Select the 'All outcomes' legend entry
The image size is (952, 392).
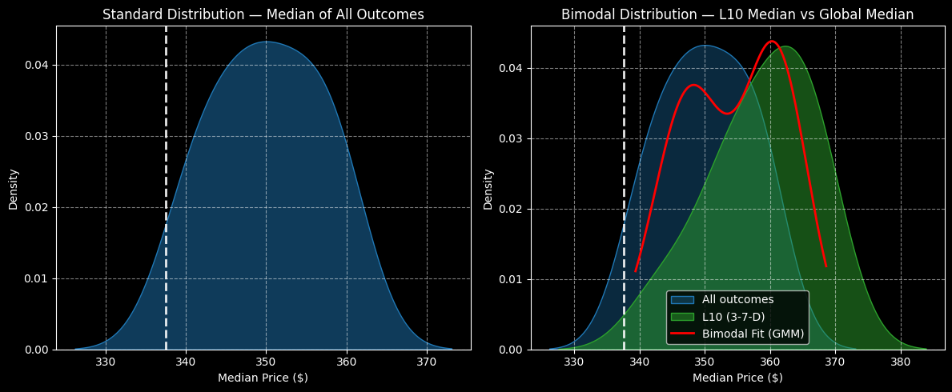(x=737, y=300)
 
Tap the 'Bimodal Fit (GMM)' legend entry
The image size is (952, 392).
(x=753, y=334)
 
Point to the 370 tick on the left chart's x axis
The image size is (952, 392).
(x=427, y=362)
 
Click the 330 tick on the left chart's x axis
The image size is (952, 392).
(x=106, y=362)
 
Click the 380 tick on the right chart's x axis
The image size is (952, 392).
(x=901, y=362)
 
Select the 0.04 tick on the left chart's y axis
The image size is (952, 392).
(x=37, y=65)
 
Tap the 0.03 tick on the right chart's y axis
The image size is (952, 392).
(x=512, y=138)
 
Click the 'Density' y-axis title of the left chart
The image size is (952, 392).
(x=14, y=189)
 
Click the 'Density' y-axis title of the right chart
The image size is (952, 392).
(x=488, y=189)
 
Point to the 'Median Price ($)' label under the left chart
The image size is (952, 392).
(x=263, y=378)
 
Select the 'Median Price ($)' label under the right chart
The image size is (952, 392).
(x=737, y=378)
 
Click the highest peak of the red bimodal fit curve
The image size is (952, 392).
(x=771, y=42)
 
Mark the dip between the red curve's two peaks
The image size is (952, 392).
(x=726, y=113)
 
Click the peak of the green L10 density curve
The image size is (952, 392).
(x=785, y=46)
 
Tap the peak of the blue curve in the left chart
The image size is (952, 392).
(x=267, y=42)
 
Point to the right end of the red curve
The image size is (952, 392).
(x=825, y=266)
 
